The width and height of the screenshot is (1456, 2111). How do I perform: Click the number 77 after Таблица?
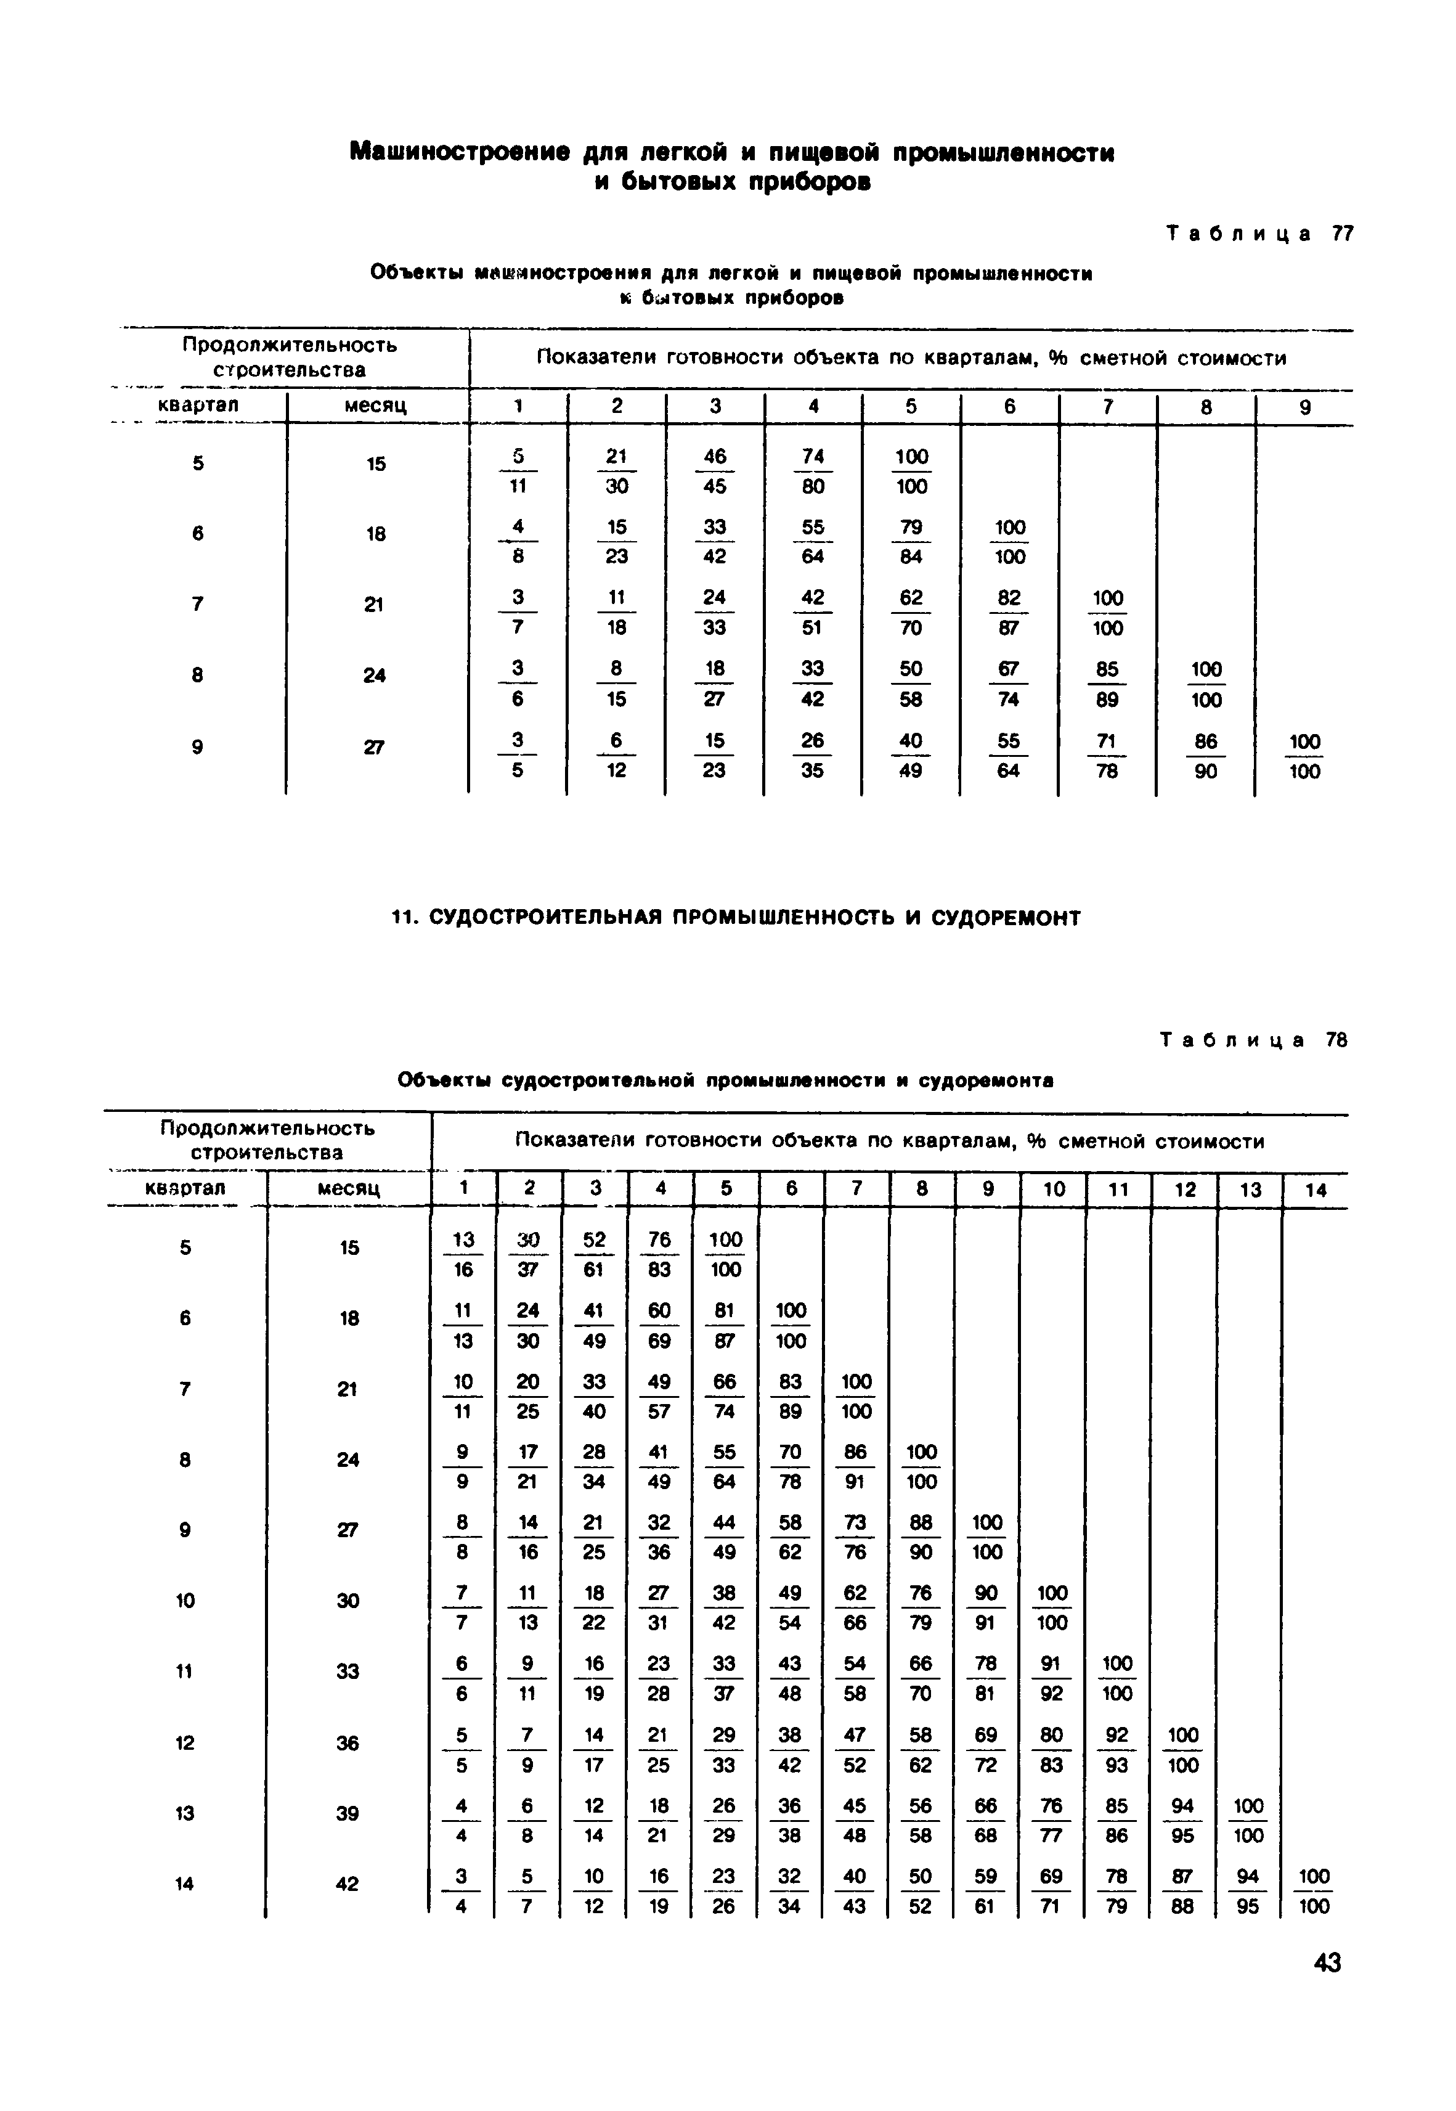[1342, 234]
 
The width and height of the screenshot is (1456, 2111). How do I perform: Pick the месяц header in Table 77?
[375, 405]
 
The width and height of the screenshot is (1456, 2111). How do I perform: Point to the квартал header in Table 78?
[185, 1188]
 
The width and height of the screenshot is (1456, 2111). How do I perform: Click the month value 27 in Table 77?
[374, 747]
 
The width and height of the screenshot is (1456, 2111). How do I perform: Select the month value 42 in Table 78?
[348, 1884]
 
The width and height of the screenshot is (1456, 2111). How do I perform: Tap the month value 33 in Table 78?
[348, 1672]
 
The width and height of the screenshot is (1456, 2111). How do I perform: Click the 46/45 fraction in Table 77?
[715, 472]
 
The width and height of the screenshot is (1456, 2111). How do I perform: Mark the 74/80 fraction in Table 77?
[813, 472]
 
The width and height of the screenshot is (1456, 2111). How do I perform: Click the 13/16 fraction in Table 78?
[463, 1254]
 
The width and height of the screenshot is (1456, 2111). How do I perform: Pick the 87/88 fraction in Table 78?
[1182, 1891]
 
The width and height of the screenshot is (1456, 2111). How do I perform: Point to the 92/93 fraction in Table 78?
[1116, 1750]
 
